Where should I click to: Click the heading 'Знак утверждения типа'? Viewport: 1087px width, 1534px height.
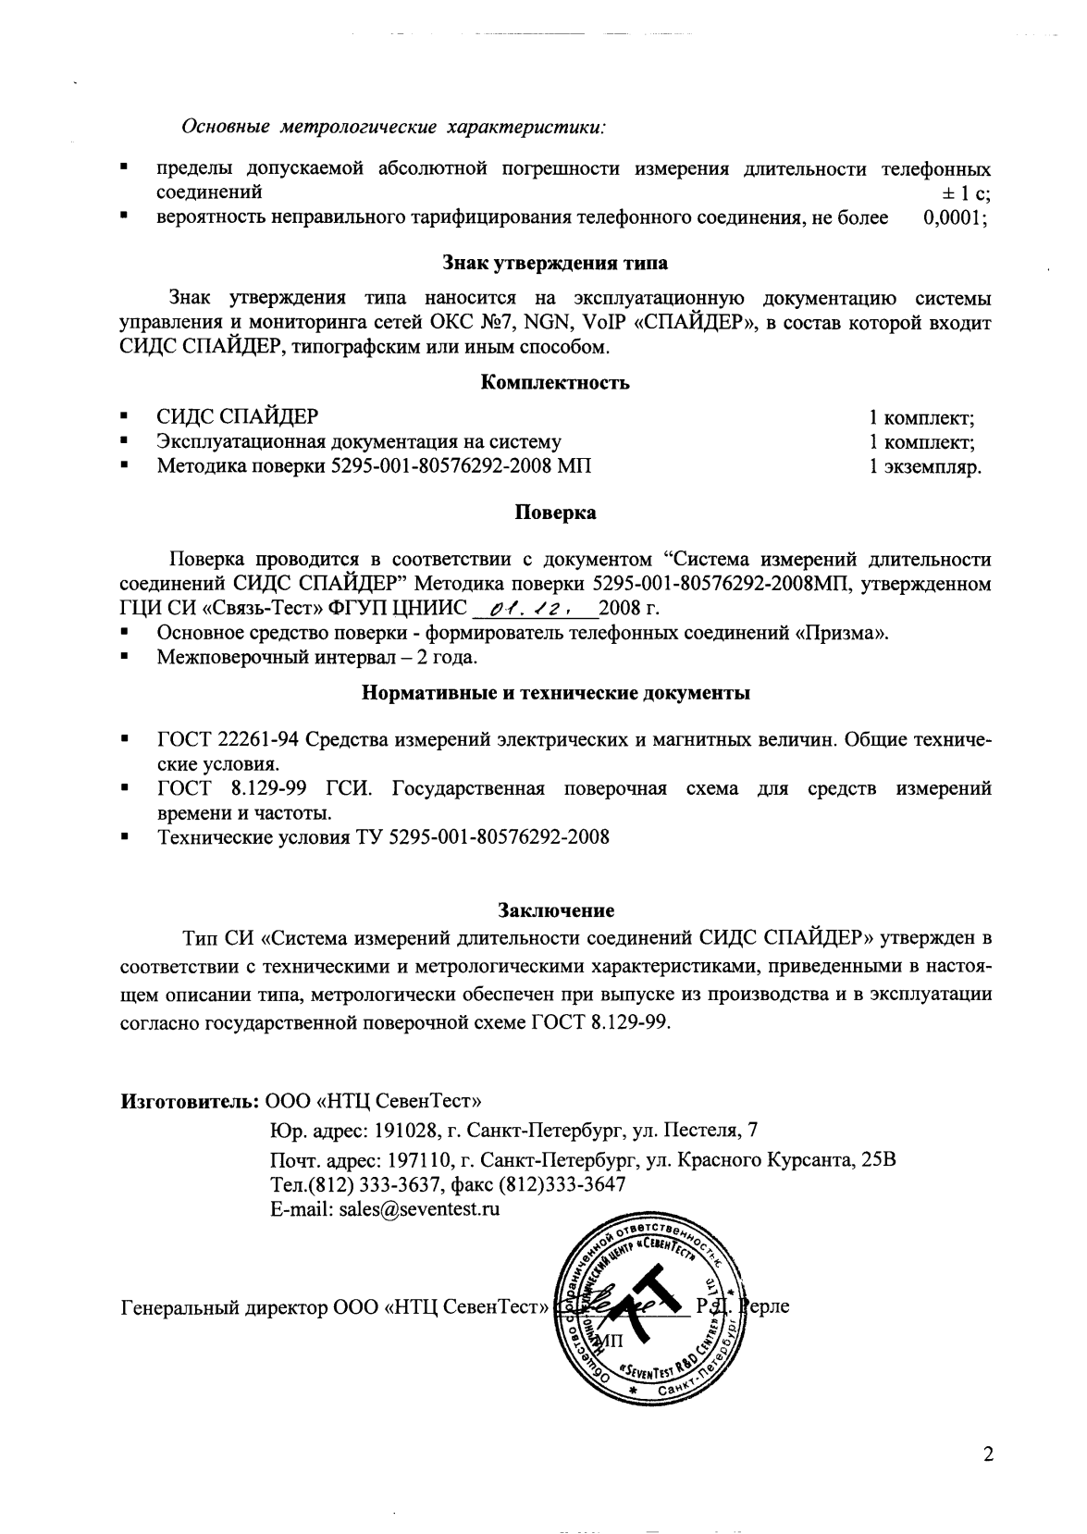pyautogui.click(x=555, y=263)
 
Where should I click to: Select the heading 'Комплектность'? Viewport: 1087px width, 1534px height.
pyautogui.click(x=555, y=382)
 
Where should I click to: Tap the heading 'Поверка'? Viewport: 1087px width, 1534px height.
pyautogui.click(x=555, y=512)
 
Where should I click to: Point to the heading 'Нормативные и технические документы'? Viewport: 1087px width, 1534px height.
pyautogui.click(x=555, y=692)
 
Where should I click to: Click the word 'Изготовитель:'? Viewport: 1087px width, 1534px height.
pyautogui.click(x=190, y=1102)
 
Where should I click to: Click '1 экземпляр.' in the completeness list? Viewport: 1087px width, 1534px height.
pyautogui.click(x=924, y=467)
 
